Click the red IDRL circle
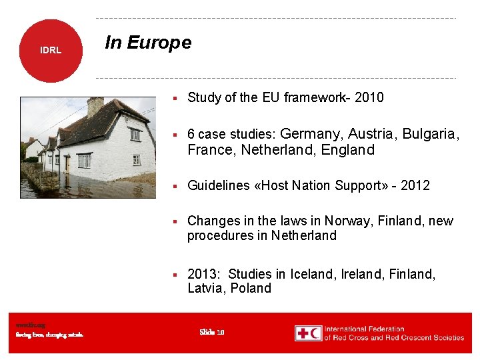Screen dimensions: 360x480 51,51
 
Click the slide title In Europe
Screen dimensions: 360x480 148,43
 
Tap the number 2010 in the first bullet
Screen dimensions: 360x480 369,98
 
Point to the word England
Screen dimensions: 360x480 348,150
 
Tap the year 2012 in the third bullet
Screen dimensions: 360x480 416,185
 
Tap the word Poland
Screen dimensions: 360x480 251,289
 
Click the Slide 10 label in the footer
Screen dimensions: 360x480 212,332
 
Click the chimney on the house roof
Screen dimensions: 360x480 95,107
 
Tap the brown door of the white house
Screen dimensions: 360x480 67,163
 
